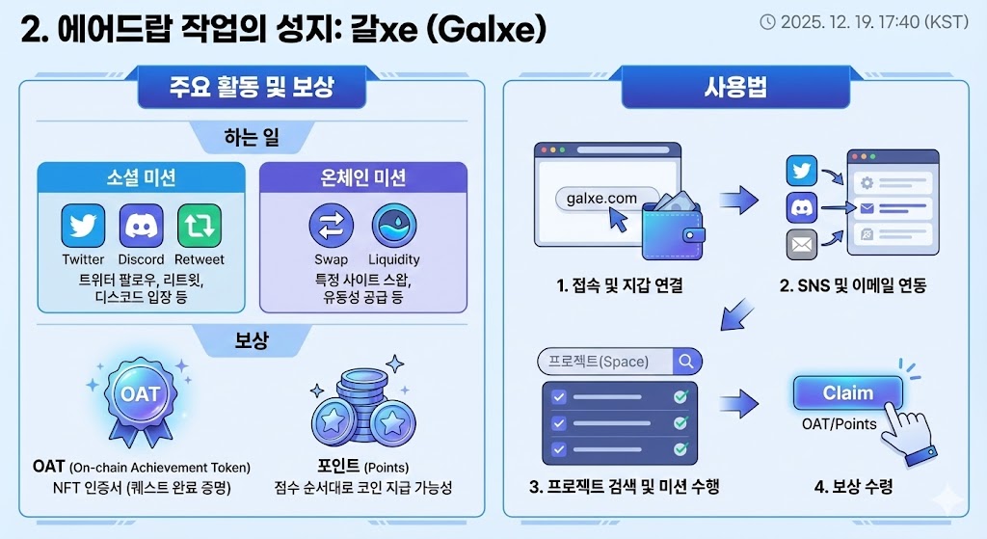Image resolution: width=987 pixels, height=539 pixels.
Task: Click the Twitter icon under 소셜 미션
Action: (x=83, y=227)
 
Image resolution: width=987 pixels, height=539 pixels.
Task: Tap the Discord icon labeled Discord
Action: (x=141, y=227)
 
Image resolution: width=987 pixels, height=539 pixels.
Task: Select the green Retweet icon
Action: (x=199, y=227)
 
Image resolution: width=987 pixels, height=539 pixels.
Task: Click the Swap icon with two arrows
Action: (x=331, y=227)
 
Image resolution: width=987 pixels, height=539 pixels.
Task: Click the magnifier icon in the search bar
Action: (x=687, y=362)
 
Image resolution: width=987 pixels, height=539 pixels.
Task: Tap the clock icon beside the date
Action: (x=767, y=21)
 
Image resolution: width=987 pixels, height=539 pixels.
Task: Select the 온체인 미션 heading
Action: (x=362, y=177)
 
